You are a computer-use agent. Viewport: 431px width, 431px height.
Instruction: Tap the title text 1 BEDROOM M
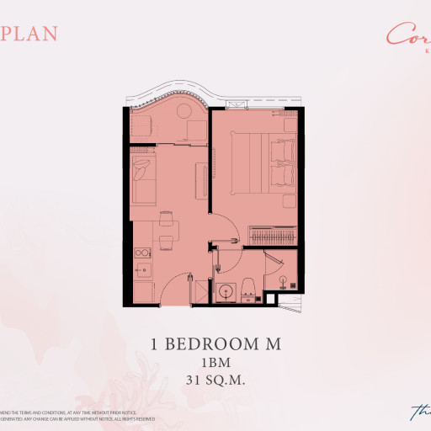[215, 343]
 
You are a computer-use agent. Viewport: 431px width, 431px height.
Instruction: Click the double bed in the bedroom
[258, 162]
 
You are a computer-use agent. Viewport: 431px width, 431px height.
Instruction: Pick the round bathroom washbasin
[225, 292]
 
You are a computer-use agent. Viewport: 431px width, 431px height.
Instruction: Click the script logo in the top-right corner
[408, 35]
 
